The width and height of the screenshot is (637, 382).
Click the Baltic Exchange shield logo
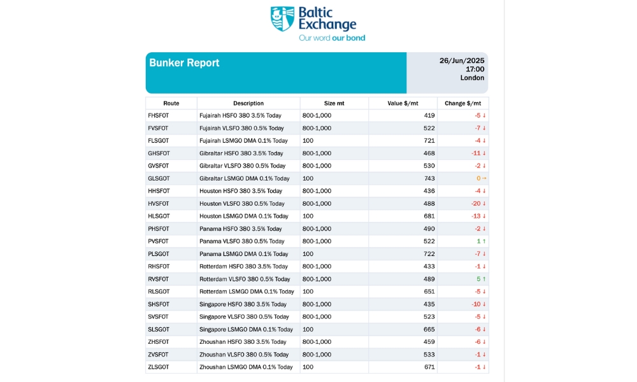[282, 18]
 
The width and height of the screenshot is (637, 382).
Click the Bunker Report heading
[184, 63]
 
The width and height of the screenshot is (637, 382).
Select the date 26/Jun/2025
[462, 60]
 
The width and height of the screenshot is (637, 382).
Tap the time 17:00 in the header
[475, 69]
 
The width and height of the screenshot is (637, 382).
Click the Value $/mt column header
[403, 103]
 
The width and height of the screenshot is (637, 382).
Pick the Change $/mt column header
[462, 103]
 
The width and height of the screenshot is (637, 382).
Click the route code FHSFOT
[159, 116]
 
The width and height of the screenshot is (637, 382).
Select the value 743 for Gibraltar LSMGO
[429, 179]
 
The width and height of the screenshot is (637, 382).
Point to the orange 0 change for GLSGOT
[478, 179]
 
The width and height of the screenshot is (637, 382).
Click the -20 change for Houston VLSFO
[476, 204]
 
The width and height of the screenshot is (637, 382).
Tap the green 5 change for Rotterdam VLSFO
[478, 279]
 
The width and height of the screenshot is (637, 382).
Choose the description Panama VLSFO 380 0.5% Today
[241, 241]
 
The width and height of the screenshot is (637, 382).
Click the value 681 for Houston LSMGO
[429, 216]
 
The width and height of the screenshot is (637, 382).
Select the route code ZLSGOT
[159, 367]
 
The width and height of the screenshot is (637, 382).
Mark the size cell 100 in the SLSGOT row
[308, 329]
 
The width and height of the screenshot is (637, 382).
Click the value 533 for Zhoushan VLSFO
[429, 355]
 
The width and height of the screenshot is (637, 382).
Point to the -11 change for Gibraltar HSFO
[476, 153]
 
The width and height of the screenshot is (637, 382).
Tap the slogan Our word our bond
[332, 38]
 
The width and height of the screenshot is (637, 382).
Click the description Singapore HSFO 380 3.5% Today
[243, 304]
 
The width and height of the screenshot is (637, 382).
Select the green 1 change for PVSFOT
[478, 241]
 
